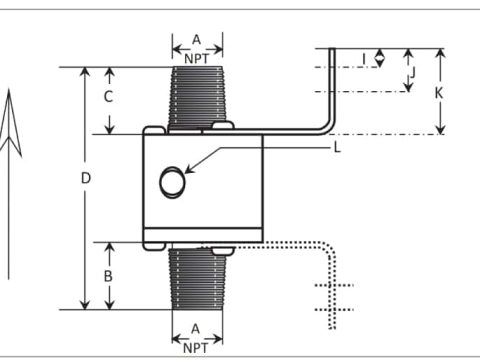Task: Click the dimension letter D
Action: click(x=86, y=179)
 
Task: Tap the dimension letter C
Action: click(x=108, y=97)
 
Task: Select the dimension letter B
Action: click(x=108, y=276)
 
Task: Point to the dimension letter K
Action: click(x=439, y=93)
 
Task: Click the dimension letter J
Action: click(x=413, y=72)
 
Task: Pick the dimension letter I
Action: click(x=364, y=59)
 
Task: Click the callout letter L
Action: click(x=337, y=147)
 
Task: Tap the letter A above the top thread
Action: click(x=197, y=40)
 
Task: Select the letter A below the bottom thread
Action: click(x=196, y=329)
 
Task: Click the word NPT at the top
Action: click(x=197, y=59)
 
